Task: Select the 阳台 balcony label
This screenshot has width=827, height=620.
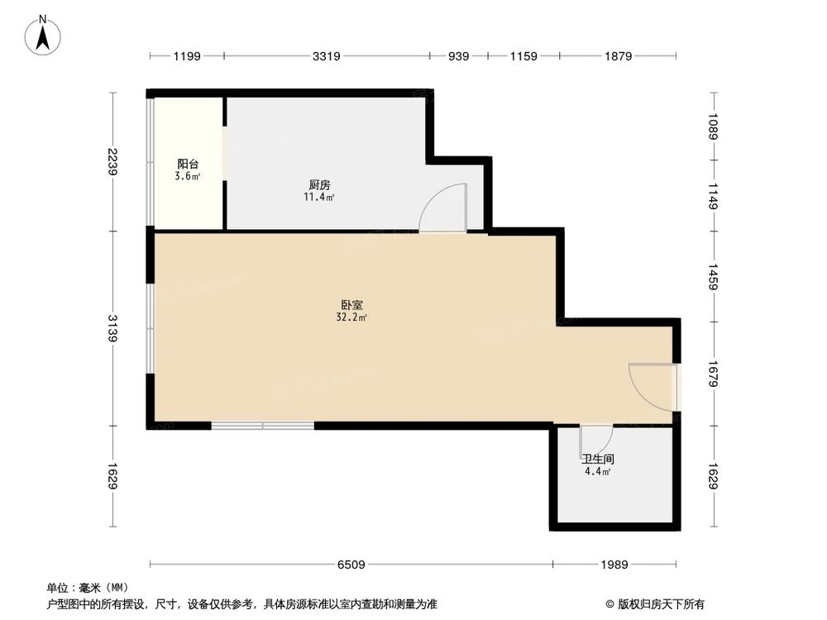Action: pyautogui.click(x=188, y=164)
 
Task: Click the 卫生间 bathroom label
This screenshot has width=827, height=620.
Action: pyautogui.click(x=597, y=459)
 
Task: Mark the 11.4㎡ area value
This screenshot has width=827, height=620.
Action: pyautogui.click(x=320, y=198)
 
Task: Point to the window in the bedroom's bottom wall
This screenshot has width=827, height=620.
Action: pyautogui.click(x=262, y=426)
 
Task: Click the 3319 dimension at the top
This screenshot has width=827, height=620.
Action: pyautogui.click(x=327, y=56)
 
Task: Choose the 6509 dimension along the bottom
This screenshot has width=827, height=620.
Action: pyautogui.click(x=351, y=565)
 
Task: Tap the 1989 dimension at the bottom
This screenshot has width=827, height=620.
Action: pyautogui.click(x=615, y=565)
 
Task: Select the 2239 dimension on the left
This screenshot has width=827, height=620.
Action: pyautogui.click(x=113, y=160)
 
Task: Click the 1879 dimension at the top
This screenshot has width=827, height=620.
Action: pyautogui.click(x=618, y=56)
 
